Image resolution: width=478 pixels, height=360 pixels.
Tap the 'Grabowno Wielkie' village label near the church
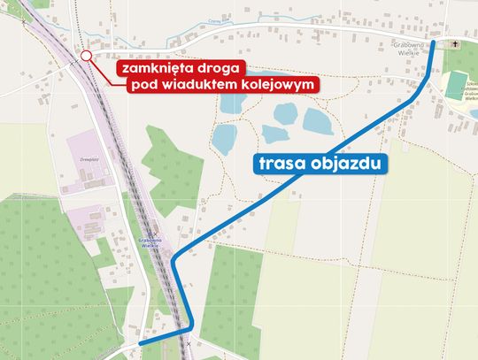410,47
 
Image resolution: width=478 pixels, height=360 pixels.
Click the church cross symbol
457,43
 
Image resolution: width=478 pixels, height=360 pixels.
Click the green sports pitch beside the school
454,85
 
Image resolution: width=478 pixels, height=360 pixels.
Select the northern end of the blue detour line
434,43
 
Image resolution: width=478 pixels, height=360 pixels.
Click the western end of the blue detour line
141,343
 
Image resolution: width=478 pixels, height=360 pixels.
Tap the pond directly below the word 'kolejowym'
285,113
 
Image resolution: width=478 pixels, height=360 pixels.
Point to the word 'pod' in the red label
143,85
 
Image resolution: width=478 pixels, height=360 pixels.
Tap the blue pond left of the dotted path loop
226,138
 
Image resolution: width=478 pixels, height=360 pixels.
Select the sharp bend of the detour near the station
173,261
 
